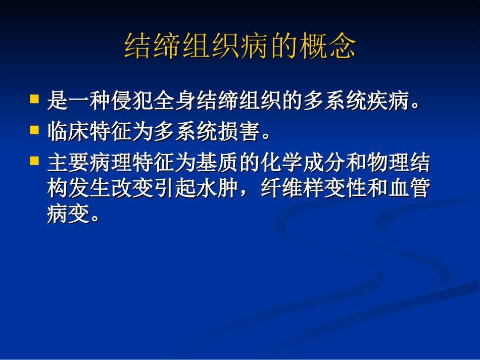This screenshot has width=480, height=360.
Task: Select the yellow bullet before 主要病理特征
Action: tap(34, 161)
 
